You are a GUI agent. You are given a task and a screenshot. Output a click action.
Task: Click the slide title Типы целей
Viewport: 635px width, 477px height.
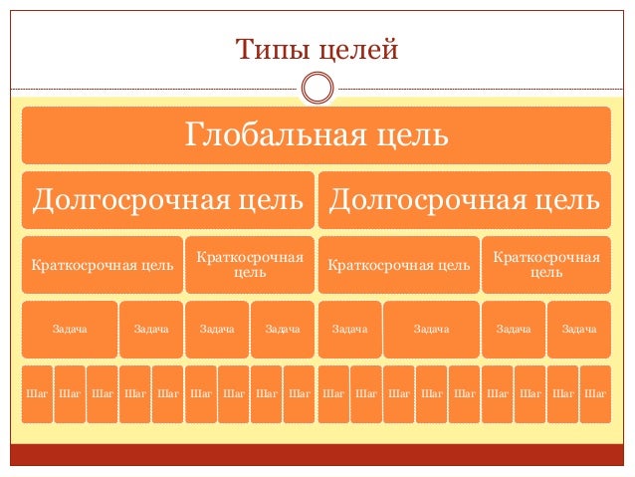pos(317,48)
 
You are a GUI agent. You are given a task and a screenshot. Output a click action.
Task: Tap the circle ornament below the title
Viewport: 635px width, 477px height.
pos(317,88)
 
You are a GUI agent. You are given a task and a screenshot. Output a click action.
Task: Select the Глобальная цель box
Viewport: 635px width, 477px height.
pos(317,134)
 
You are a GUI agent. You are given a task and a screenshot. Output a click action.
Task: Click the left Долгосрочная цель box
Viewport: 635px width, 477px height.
pos(167,200)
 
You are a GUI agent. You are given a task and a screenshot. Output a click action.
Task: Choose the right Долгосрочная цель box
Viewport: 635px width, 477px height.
pos(464,200)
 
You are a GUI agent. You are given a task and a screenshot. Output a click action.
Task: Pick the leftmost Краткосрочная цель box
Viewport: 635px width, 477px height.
pos(103,265)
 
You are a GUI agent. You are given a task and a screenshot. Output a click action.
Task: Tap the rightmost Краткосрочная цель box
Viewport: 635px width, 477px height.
pos(546,265)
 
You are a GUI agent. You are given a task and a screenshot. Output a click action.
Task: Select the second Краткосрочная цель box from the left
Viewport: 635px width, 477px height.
pos(250,265)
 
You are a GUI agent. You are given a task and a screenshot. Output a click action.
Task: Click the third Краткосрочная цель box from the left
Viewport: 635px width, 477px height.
pos(398,265)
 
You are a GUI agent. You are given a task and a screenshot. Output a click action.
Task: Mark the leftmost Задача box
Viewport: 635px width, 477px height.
pos(70,329)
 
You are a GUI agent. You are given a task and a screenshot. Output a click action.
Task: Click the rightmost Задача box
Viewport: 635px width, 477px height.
pos(578,329)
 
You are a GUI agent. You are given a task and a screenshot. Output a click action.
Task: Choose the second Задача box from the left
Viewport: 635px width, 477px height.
pos(151,329)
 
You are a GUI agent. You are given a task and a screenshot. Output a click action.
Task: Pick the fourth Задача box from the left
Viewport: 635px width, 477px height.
pos(283,329)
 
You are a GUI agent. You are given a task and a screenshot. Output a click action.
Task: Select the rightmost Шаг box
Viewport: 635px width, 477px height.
pos(595,393)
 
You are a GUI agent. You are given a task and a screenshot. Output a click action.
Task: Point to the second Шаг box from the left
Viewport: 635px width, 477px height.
pos(70,393)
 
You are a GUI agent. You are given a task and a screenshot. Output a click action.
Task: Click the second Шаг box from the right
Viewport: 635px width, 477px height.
pos(563,393)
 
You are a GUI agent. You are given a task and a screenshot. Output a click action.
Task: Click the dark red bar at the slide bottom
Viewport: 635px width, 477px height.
pos(317,455)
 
